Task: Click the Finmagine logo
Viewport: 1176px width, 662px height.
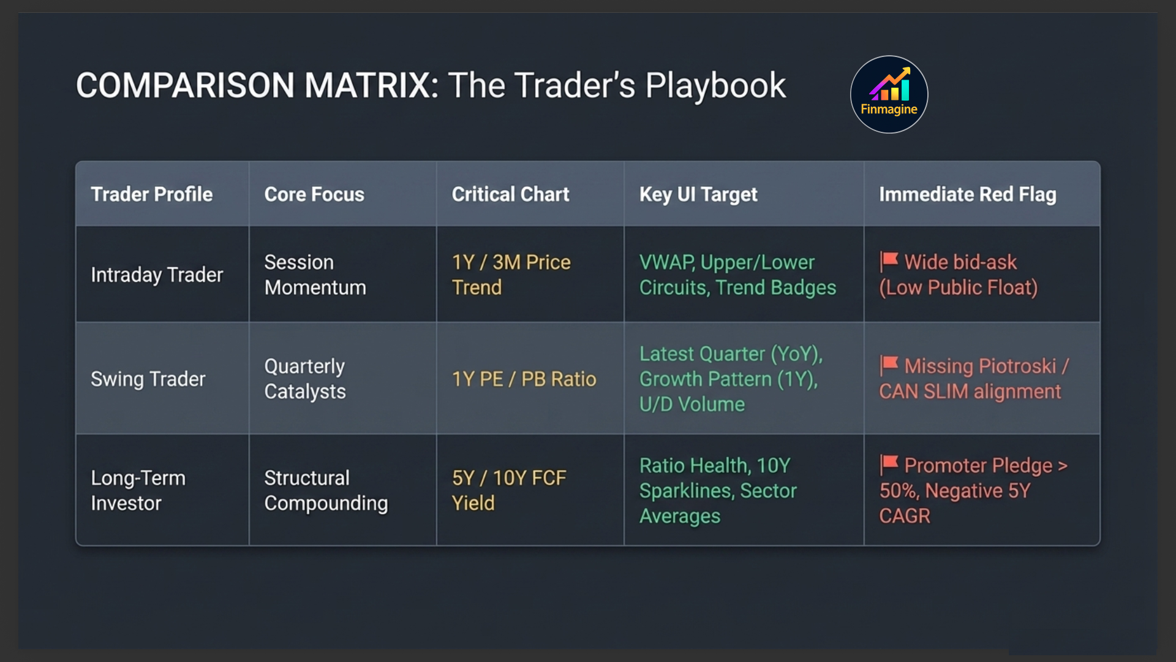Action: (x=889, y=94)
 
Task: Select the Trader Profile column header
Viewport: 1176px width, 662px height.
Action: (x=152, y=194)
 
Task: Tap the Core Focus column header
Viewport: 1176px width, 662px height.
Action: (x=314, y=194)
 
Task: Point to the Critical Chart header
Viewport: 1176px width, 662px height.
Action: (x=510, y=194)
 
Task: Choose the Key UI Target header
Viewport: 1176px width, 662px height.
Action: (x=698, y=194)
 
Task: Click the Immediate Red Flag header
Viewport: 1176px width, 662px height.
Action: (x=968, y=194)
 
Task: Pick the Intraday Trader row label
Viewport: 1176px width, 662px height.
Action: (x=157, y=275)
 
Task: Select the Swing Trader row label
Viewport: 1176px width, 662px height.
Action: (x=148, y=379)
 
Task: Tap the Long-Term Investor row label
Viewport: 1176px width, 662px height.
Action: (x=138, y=490)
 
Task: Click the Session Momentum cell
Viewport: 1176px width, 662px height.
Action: (x=315, y=275)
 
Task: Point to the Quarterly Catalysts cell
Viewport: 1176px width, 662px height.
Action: (x=305, y=379)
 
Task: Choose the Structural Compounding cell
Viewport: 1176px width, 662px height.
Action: (x=326, y=490)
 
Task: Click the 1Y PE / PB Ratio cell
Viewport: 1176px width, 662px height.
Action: (x=524, y=379)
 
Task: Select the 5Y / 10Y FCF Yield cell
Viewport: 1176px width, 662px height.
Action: (x=509, y=490)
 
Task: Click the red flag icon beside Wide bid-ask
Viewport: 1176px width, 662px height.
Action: (x=889, y=261)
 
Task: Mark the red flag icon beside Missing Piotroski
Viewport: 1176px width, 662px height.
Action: (x=889, y=365)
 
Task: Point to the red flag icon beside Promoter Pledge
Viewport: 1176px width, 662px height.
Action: (x=889, y=464)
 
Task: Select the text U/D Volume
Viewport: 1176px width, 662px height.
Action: (x=692, y=405)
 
